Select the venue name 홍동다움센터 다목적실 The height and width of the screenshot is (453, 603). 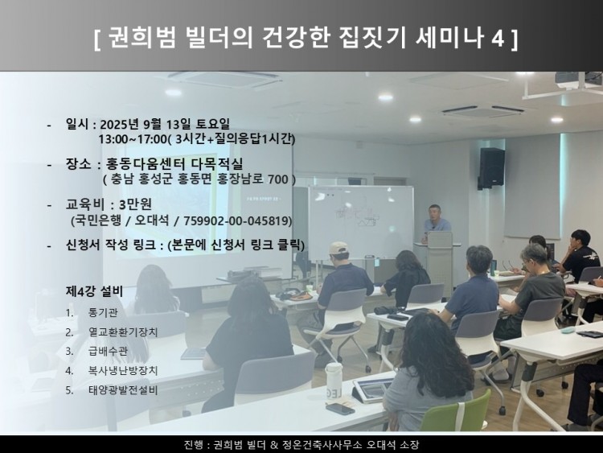point(174,164)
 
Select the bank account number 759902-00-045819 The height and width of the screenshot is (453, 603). point(240,220)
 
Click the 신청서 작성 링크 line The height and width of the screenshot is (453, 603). point(185,245)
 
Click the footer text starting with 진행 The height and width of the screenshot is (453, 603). point(301,444)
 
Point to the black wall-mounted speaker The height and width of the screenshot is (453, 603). point(491,167)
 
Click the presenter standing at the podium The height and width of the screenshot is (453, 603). point(437,220)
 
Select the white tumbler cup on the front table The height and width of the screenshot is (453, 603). point(334,380)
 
